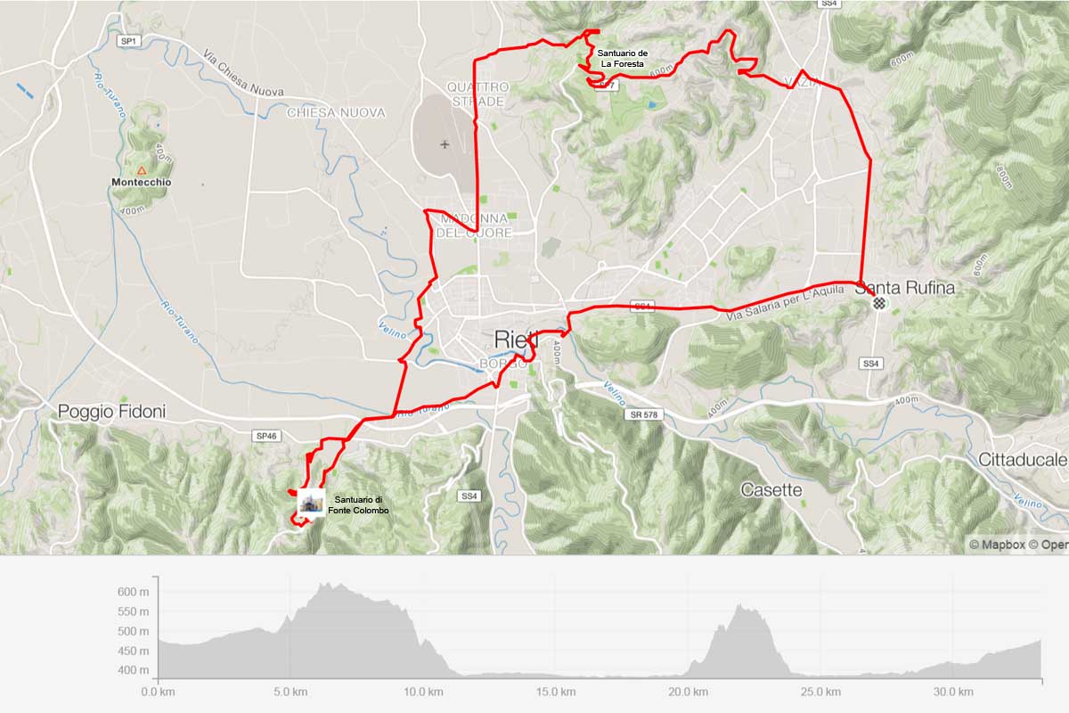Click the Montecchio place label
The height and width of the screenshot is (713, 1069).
pos(141,183)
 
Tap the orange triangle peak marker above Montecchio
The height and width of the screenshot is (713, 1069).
pos(141,169)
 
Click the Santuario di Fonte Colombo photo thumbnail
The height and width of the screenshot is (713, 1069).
pos(311,502)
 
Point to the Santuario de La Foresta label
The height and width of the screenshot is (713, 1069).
pos(623,59)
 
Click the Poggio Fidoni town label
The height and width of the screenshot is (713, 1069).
pos(111,411)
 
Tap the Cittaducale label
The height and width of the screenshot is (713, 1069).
pos(1022,460)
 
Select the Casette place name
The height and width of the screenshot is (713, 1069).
pos(771,490)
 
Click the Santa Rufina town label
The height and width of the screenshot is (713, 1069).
pos(904,288)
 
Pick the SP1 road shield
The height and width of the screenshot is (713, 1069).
pos(130,41)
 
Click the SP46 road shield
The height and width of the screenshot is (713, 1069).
pos(267,436)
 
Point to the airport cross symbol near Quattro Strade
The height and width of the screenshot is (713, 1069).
pos(445,144)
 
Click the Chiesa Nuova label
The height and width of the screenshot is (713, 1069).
pos(336,113)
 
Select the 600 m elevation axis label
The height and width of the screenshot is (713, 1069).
pos(130,592)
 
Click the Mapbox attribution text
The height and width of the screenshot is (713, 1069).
pos(997,544)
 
